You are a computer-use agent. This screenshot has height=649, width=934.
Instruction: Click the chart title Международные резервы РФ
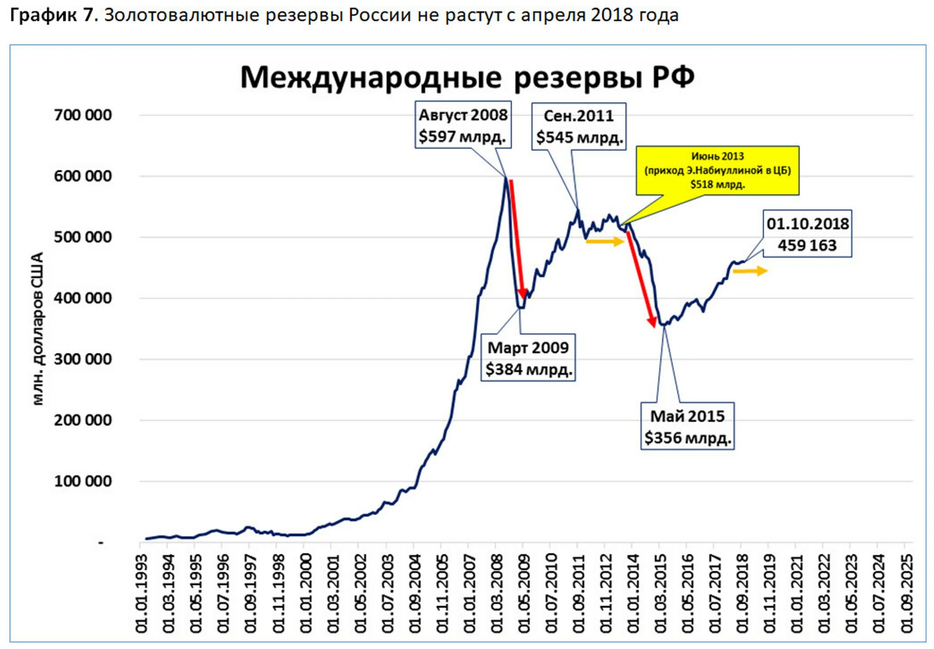(467, 77)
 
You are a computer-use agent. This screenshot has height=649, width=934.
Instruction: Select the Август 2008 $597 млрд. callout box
(463, 125)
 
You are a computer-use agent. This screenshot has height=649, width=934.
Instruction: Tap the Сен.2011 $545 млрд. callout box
(579, 126)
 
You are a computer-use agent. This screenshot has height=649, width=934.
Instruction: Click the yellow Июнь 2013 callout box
(717, 170)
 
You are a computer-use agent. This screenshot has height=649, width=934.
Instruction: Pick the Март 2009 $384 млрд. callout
(528, 358)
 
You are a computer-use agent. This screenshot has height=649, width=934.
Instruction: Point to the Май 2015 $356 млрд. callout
(687, 426)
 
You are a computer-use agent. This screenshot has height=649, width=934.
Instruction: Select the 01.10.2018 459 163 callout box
(807, 234)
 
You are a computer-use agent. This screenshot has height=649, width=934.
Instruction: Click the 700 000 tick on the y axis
(83, 115)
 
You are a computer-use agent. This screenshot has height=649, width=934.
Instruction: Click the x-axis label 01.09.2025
(907, 593)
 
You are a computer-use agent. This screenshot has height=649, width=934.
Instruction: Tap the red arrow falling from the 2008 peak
(517, 238)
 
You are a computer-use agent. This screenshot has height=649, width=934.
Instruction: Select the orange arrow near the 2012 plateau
(605, 241)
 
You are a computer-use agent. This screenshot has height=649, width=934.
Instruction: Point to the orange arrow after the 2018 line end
(750, 271)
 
